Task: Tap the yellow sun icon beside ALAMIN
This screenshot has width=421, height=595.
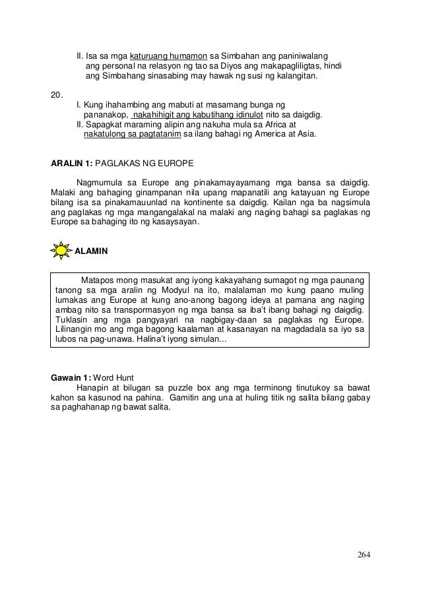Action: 61,251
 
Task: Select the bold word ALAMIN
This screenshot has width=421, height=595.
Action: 92,252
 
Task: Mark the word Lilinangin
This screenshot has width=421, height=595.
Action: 76,331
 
